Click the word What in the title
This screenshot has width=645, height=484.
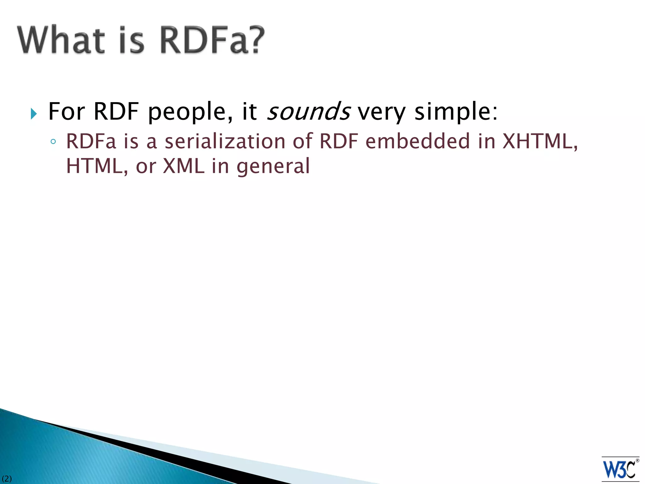61,40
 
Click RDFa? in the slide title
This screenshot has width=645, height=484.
212,40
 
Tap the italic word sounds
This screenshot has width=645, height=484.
308,112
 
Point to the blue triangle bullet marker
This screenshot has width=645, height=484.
34,113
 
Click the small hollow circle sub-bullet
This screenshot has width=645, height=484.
53,142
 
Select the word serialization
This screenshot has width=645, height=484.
225,141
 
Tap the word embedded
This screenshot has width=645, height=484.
418,141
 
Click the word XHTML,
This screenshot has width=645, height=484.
540,141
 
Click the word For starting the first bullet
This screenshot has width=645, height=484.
66,112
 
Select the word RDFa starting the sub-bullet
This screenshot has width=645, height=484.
91,141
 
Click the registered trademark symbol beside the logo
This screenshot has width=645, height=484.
637,461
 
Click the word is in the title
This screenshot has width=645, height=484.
132,40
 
